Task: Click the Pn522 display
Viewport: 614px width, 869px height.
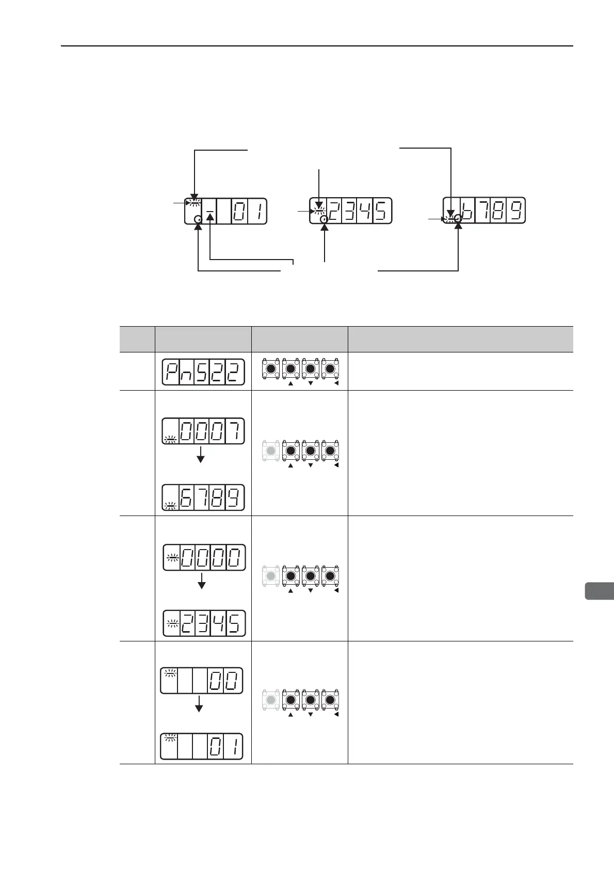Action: pos(203,372)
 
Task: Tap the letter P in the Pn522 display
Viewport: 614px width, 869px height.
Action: pos(171,372)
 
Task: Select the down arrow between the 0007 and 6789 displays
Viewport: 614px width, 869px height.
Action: pos(201,455)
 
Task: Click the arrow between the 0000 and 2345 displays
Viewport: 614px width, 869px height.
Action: pos(202,582)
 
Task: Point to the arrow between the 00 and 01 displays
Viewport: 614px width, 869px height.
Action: pos(199,704)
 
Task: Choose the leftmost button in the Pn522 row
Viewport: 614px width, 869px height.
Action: pos(271,368)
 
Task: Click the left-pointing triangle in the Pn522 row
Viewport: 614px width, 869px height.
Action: pos(336,384)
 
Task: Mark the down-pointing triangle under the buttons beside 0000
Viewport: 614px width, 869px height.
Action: pos(311,590)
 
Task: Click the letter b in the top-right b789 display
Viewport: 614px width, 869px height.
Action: pos(467,211)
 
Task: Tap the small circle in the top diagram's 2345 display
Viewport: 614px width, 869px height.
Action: pos(324,219)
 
